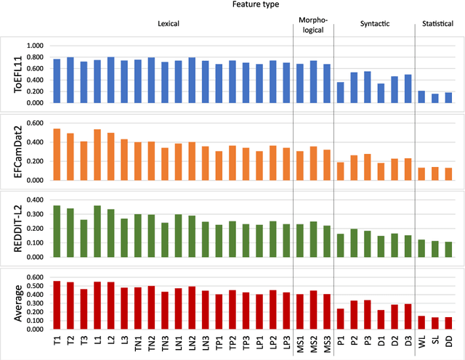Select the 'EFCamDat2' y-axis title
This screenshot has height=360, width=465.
[x=9, y=149]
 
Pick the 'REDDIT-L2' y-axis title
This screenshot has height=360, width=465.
[x=9, y=223]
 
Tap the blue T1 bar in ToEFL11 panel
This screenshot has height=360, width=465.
[x=57, y=81]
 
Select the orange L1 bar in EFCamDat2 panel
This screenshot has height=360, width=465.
[x=97, y=154]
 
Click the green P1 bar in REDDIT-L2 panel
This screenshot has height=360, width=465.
[x=341, y=245]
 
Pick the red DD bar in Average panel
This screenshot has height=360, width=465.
[x=449, y=323]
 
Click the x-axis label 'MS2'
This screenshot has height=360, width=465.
[x=313, y=338]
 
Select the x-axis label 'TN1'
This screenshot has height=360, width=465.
[x=138, y=338]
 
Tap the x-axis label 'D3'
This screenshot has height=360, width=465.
[x=408, y=338]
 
